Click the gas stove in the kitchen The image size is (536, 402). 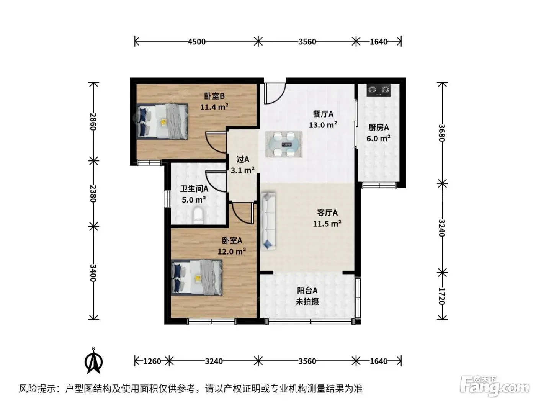tap(378, 90)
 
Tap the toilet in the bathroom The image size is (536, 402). tap(198, 215)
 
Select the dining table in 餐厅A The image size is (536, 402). tap(284, 144)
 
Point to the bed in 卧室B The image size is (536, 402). tap(162, 121)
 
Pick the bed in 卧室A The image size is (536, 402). tap(196, 278)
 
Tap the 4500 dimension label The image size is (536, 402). tap(196, 42)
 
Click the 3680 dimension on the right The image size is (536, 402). tap(442, 133)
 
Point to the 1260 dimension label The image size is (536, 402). tap(152, 361)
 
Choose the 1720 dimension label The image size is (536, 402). tap(442, 296)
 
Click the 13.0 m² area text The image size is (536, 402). tap(323, 125)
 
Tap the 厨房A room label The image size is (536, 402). tap(379, 127)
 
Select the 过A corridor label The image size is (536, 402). tap(243, 159)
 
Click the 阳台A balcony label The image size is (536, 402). tap(307, 291)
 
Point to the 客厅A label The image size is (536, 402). tap(327, 212)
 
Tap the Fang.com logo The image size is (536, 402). tap(495, 387)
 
